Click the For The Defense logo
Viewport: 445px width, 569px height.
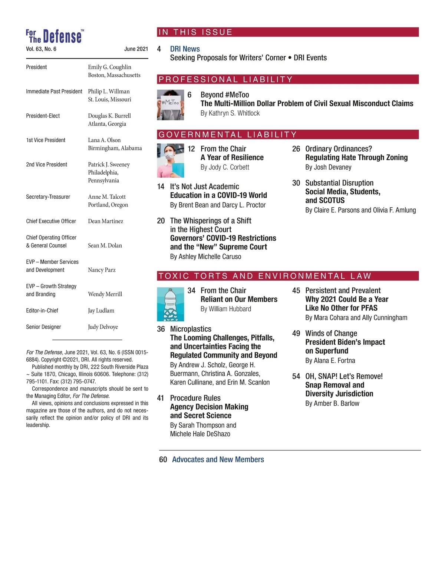point(55,36)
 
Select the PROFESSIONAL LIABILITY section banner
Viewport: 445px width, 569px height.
point(288,79)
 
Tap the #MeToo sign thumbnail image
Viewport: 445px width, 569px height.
point(170,105)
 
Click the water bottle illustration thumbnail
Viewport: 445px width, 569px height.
point(170,304)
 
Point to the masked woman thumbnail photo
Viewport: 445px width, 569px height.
point(170,161)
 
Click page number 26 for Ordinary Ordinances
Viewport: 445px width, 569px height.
point(296,149)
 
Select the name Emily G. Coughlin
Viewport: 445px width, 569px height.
point(109,67)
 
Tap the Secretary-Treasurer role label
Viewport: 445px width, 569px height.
point(48,197)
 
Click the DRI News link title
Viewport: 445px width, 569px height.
point(185,49)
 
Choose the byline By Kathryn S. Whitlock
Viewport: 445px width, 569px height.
point(230,113)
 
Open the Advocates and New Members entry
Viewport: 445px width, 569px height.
point(218,460)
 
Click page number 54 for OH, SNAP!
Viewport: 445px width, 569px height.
point(296,377)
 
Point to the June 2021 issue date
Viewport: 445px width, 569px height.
point(136,49)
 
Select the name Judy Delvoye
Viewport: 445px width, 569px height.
point(103,327)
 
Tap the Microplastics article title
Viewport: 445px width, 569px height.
point(191,329)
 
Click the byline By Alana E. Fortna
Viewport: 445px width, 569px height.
point(330,361)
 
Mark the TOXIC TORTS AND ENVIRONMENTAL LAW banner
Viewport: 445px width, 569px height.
point(288,276)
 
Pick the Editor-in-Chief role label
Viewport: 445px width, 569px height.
point(42,311)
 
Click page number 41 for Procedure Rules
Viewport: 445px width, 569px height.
point(161,398)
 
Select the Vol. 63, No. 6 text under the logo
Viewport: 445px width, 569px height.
point(41,49)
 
